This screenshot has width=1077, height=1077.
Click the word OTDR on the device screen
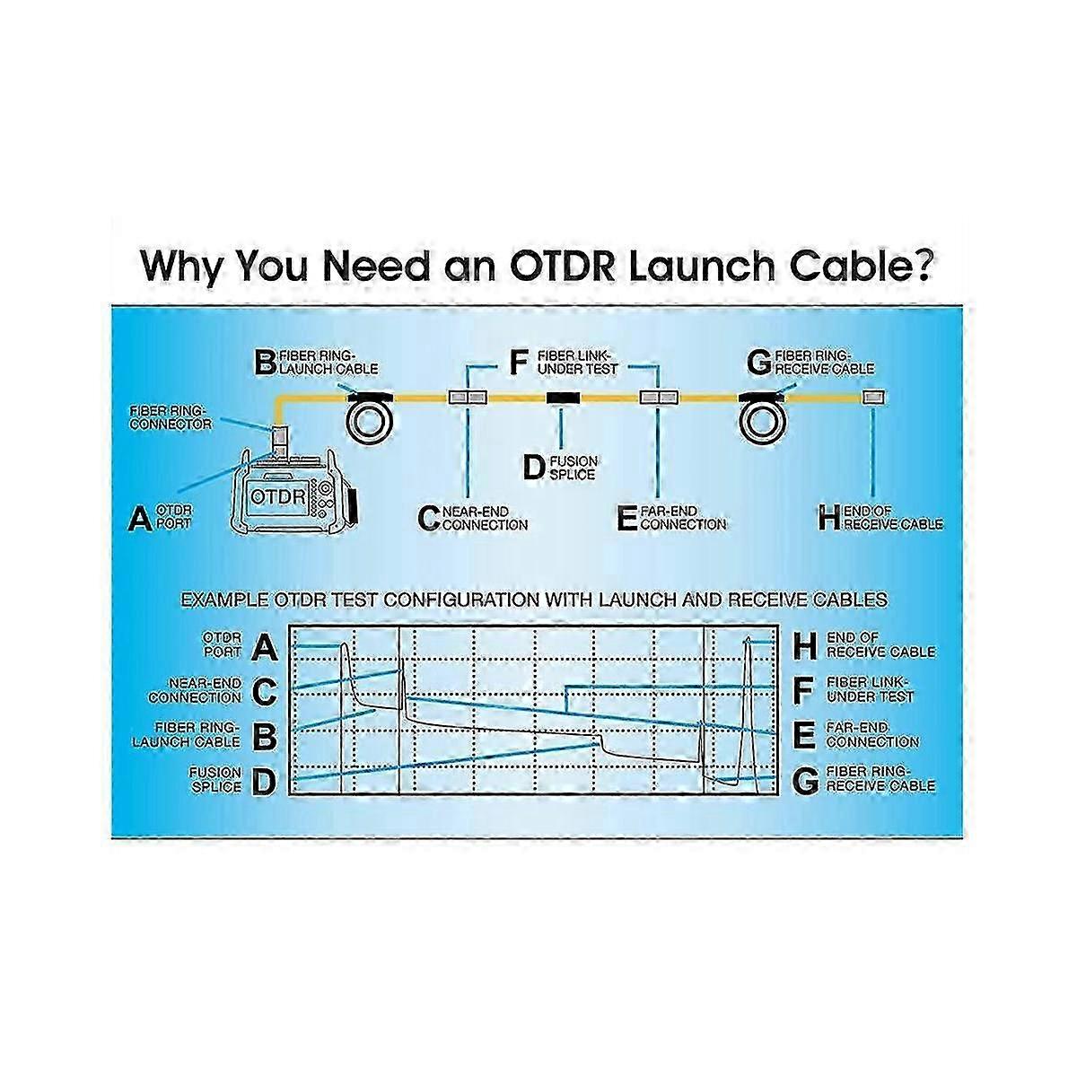pyautogui.click(x=273, y=495)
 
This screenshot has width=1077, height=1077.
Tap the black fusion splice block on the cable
pyautogui.click(x=564, y=397)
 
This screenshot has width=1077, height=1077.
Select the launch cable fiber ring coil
pyautogui.click(x=372, y=418)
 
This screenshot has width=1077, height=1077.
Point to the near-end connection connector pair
pyautogui.click(x=465, y=397)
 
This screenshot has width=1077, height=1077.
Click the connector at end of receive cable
pyautogui.click(x=873, y=397)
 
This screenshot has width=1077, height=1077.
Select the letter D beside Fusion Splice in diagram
pyautogui.click(x=533, y=467)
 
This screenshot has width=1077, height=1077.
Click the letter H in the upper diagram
pyautogui.click(x=829, y=518)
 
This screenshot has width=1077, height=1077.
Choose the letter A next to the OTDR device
pyautogui.click(x=140, y=518)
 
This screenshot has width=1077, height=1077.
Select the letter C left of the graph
pyautogui.click(x=265, y=692)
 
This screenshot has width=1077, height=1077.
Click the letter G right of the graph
pyautogui.click(x=806, y=782)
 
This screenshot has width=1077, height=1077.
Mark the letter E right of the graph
pyautogui.click(x=806, y=737)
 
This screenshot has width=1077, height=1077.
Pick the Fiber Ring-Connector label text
pyautogui.click(x=171, y=416)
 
